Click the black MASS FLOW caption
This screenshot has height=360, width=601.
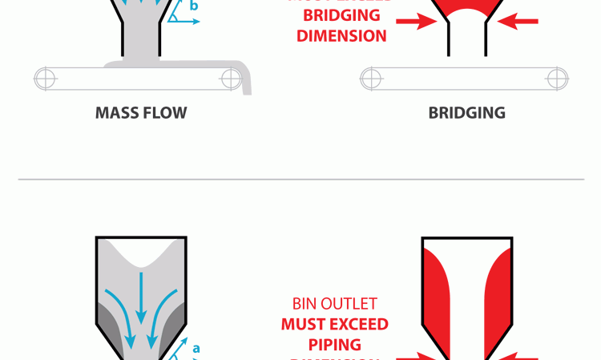141,113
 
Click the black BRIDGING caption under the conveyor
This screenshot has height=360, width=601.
466,113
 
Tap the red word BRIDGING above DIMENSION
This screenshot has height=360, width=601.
341,16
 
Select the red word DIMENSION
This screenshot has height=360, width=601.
341,36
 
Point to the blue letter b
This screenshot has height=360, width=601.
194,6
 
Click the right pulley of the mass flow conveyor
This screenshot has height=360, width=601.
232,78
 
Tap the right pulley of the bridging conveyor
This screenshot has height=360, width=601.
557,78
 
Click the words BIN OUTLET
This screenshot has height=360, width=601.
334,305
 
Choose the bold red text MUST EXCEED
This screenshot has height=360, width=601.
334,325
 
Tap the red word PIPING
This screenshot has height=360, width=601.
334,345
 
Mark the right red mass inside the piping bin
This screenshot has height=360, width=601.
500,297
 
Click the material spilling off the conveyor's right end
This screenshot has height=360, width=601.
245,80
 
